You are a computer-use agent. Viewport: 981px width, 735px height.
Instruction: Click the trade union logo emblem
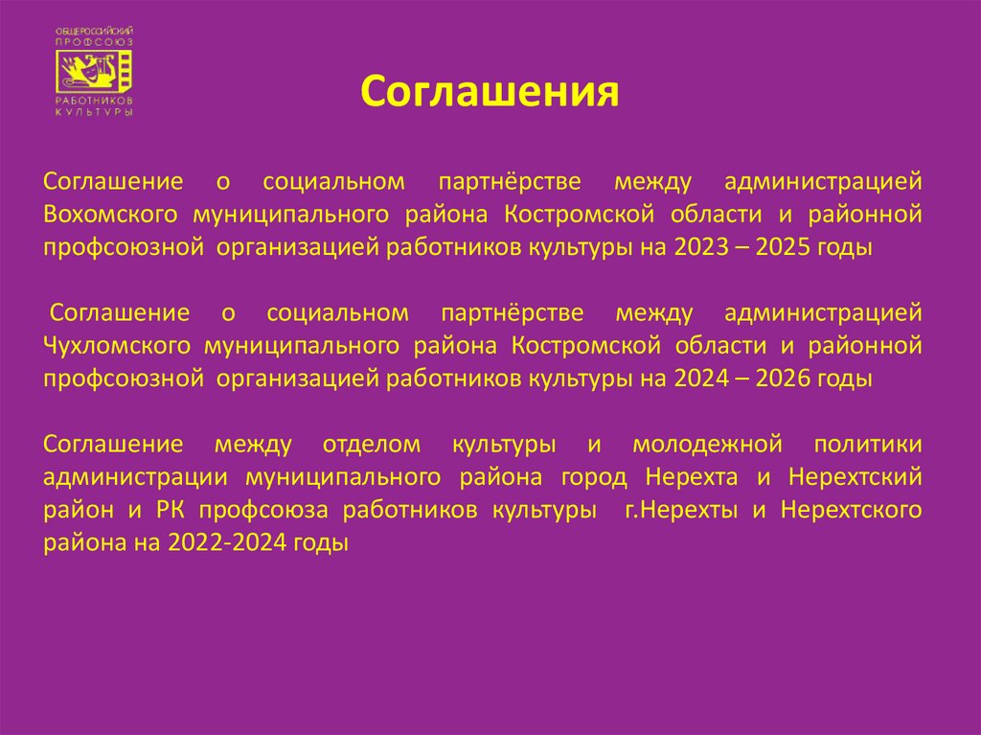[x=94, y=73]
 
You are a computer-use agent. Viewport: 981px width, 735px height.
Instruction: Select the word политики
[x=868, y=445]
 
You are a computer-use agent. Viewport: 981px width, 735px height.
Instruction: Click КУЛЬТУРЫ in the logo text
[x=94, y=112]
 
